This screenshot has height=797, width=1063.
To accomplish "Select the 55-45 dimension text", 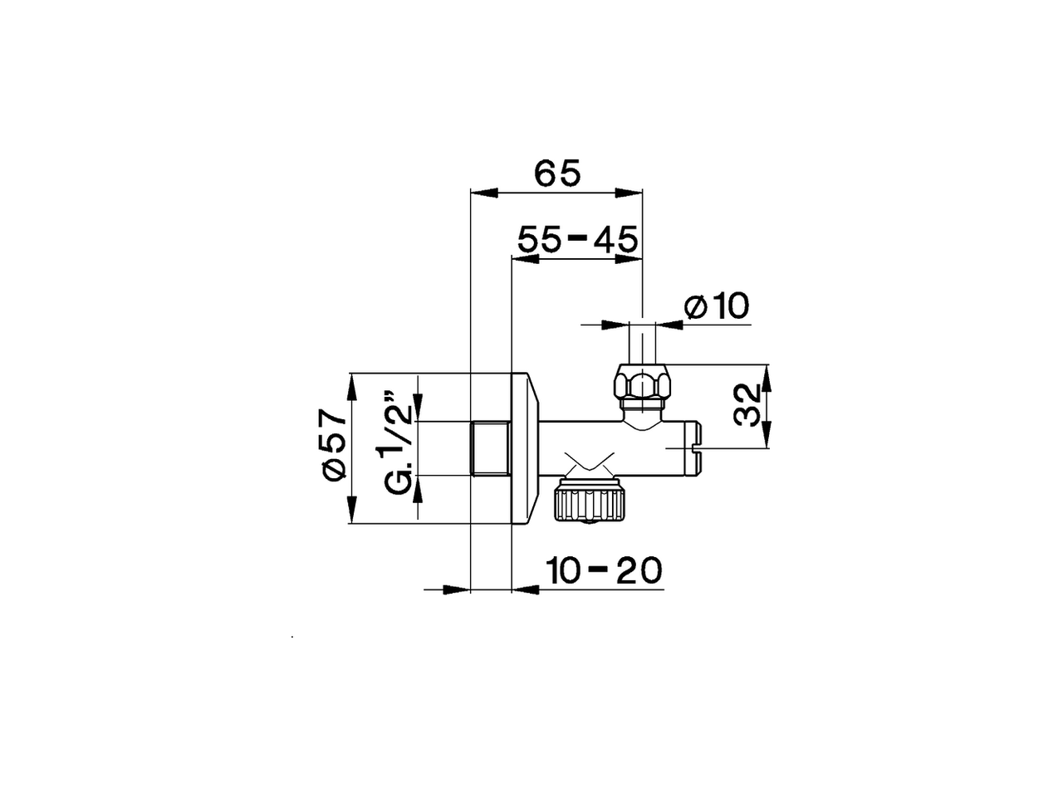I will point(577,240).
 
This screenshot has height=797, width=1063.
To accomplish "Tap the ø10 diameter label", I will point(716,306).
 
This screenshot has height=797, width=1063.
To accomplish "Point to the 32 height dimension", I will point(748,405).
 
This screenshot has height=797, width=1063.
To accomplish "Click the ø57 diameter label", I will point(332,443).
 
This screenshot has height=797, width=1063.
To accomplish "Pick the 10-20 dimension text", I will point(604,570).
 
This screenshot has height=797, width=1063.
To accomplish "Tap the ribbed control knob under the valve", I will point(588,502).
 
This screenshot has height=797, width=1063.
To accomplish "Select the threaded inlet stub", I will point(490,449).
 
